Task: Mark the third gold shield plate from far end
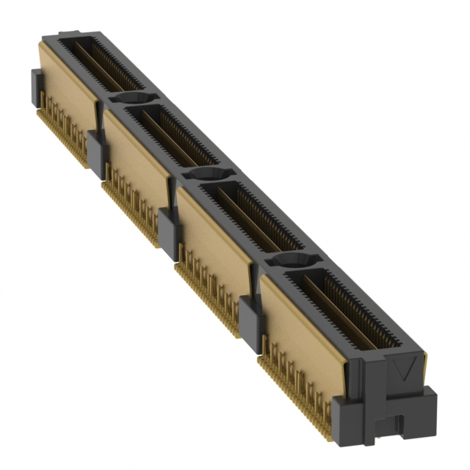pos(213,234)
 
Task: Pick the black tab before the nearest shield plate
pos(250,320)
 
